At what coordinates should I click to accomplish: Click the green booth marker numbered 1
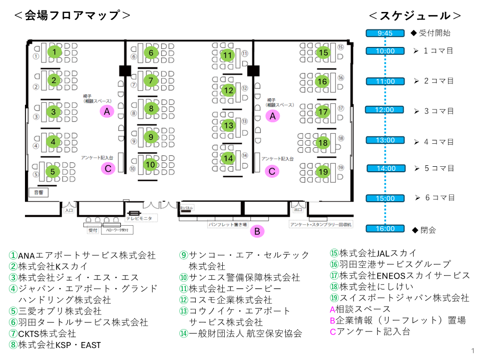point(53,51)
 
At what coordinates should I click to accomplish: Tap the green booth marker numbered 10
point(150,164)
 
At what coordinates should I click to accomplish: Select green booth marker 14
point(228,158)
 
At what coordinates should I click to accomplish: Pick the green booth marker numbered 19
point(323,172)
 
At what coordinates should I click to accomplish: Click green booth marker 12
point(228,90)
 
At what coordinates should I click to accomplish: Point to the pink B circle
point(257,231)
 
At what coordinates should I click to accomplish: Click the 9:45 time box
point(386,33)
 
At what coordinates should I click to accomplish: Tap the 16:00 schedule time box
point(386,229)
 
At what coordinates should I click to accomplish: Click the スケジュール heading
point(415,15)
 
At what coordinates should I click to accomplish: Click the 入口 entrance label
point(68,211)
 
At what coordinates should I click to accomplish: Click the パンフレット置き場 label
point(227,225)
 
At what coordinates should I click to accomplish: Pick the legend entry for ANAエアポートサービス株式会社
point(82,256)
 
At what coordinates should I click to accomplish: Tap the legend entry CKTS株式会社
point(43,333)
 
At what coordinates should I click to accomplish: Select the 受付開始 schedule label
point(434,33)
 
